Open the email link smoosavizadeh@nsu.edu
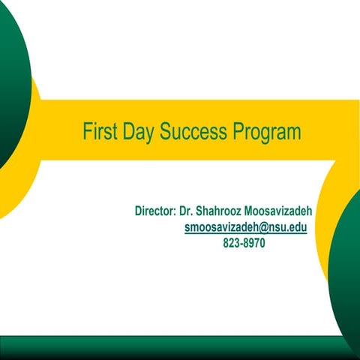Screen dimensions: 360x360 (x=245, y=226)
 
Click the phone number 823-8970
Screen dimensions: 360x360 (x=244, y=243)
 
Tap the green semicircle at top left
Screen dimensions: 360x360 (x=11, y=82)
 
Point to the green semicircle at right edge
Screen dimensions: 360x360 (x=346, y=270)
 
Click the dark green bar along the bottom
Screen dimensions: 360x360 (x=180, y=348)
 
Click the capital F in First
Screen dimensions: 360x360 (x=86, y=133)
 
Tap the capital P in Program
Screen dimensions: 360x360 (x=237, y=133)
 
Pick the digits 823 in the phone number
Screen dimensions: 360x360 (x=232, y=243)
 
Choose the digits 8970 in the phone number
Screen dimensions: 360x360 (x=253, y=243)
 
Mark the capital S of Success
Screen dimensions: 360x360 (x=166, y=133)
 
